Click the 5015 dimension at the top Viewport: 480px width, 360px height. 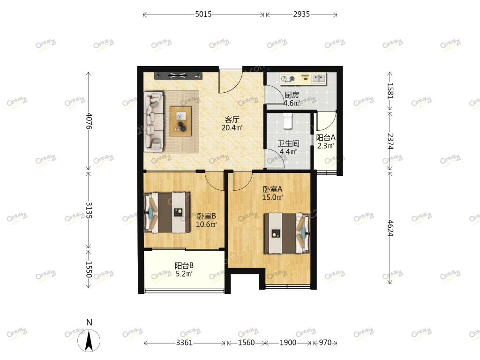(203, 15)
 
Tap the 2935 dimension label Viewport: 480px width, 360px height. (301, 15)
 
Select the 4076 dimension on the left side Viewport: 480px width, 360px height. (89, 121)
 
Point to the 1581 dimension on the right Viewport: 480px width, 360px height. (390, 90)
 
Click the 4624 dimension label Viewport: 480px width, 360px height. (390, 228)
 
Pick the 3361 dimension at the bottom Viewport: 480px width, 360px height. (184, 343)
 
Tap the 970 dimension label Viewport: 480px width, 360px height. (325, 343)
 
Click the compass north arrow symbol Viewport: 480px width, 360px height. (89, 340)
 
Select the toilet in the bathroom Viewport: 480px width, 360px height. (287, 120)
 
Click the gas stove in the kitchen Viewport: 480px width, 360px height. (288, 79)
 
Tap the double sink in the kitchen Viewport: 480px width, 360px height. (319, 79)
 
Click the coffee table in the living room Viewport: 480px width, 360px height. (180, 121)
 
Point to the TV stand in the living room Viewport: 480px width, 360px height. (178, 75)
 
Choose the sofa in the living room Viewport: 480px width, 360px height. (154, 121)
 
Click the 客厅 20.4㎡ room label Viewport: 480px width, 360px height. (232, 124)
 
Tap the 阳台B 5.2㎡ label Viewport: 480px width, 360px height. (184, 270)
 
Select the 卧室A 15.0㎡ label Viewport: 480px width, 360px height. (272, 194)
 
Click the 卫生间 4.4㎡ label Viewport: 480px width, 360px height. (288, 147)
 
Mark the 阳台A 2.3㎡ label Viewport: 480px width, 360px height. (326, 142)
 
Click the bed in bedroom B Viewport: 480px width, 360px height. (167, 212)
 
